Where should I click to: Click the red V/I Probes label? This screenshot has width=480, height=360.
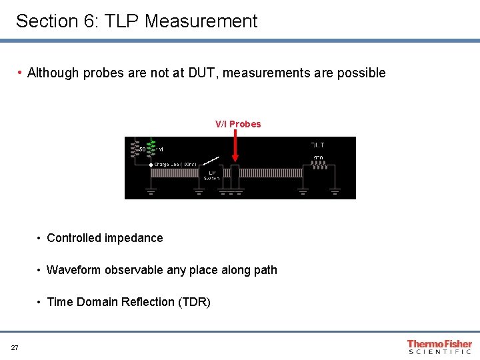pyautogui.click(x=238, y=124)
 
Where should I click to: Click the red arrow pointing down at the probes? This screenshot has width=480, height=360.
pyautogui.click(x=235, y=147)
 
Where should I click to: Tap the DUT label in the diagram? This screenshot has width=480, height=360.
pyautogui.click(x=318, y=145)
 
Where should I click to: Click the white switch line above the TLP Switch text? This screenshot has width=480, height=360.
pyautogui.click(x=211, y=161)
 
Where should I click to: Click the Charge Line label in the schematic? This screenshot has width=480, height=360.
pyautogui.click(x=175, y=164)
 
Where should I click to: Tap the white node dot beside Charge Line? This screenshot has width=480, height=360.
pyautogui.click(x=151, y=164)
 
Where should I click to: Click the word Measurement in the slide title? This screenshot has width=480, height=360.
pyautogui.click(x=201, y=21)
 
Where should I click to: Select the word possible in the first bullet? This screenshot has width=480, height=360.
pyautogui.click(x=362, y=73)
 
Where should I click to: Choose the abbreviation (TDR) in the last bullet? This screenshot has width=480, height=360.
pyautogui.click(x=194, y=302)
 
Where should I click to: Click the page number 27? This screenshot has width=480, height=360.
pyautogui.click(x=15, y=347)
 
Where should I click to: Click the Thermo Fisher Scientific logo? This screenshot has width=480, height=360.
pyautogui.click(x=439, y=347)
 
